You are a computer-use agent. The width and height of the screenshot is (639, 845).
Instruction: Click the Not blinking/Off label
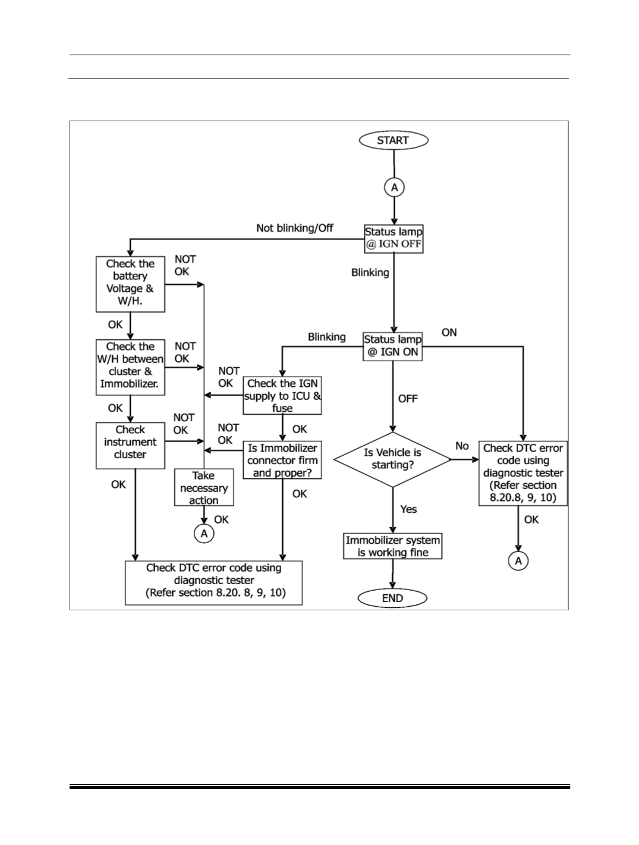pos(295,228)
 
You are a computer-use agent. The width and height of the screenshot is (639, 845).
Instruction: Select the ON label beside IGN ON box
pos(449,332)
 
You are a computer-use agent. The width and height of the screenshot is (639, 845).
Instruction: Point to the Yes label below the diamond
pos(408,509)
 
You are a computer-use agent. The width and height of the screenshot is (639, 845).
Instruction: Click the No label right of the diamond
pos(462,446)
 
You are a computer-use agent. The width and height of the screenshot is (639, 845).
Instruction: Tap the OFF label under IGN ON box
pos(408,399)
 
